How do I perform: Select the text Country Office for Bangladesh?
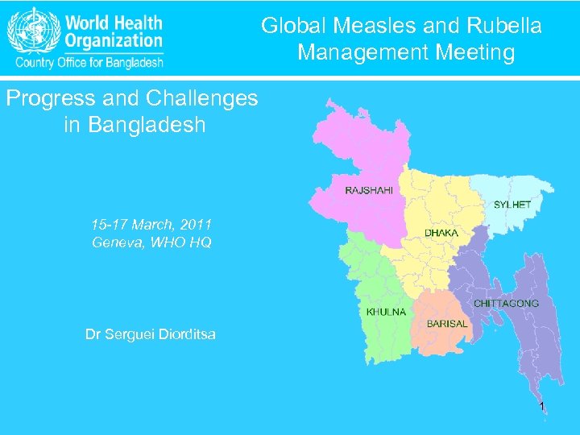(86, 61)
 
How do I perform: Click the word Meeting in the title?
(475, 52)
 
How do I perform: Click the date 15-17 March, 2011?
(151, 223)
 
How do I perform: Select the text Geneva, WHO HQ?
(151, 242)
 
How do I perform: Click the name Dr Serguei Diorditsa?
(151, 333)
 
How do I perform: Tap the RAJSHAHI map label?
(369, 191)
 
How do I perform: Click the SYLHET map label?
(512, 205)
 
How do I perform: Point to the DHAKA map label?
(441, 233)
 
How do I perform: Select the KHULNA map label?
(386, 312)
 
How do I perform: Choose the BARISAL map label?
(447, 323)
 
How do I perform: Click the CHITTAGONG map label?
(506, 303)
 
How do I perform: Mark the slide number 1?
(542, 406)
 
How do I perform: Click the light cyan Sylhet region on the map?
(516, 188)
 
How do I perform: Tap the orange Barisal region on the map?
(439, 310)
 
